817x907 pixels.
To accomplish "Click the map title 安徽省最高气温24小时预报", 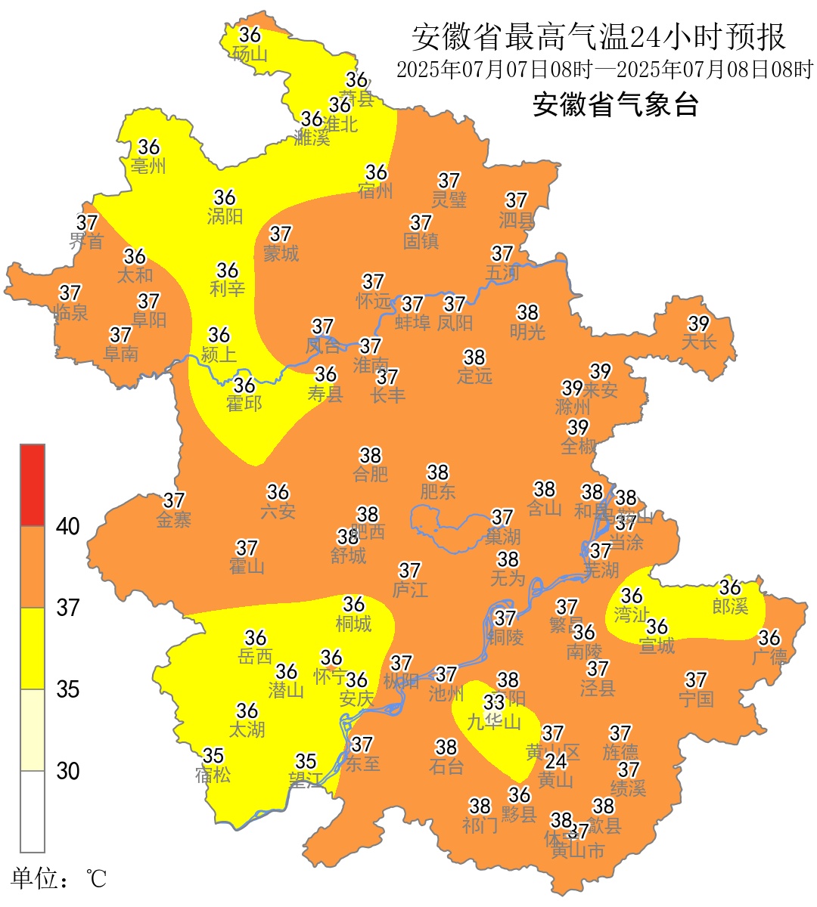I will click(599, 36).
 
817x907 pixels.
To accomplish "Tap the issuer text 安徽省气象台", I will click(615, 104).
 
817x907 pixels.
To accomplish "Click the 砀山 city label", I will click(250, 54).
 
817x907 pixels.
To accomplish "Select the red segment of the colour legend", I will click(33, 485).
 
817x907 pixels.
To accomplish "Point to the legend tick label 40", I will click(68, 527).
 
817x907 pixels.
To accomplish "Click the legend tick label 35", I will click(68, 689).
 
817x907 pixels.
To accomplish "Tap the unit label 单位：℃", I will click(58, 879).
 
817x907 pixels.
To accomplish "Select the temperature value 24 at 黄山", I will click(556, 760).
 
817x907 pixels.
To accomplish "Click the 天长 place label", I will click(698, 342).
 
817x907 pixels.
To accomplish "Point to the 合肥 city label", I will click(370, 474).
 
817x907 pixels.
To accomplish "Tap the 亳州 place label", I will click(148, 166).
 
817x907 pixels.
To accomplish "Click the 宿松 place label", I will click(213, 775).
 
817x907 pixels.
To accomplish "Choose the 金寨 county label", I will click(173, 519).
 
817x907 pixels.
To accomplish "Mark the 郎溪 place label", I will click(730, 605).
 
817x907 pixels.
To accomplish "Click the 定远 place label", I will click(474, 376).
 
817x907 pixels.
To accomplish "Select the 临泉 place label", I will click(70, 311).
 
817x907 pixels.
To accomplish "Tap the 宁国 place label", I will click(696, 699).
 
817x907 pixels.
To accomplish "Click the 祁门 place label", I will click(480, 825).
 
